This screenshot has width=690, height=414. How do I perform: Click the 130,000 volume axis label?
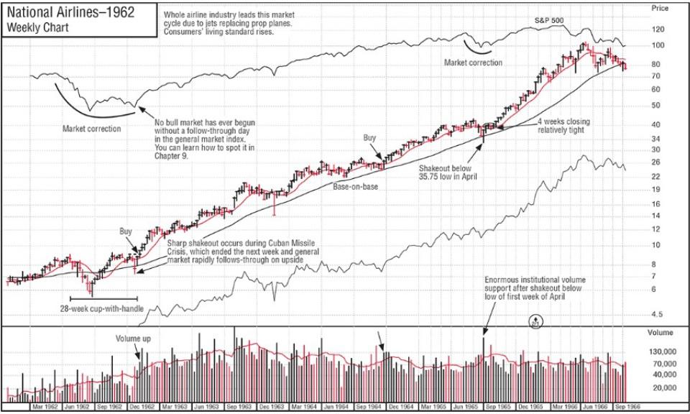(663, 352)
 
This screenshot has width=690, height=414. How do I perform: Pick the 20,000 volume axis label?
(663, 387)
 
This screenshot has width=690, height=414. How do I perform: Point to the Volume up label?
(134, 338)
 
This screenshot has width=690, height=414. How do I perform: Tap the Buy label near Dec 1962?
(126, 231)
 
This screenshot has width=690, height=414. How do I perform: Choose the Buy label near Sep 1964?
(370, 137)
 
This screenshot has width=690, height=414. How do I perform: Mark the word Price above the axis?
(660, 8)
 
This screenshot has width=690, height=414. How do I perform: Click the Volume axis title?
(660, 333)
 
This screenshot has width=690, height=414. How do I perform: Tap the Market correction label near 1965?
(473, 63)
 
